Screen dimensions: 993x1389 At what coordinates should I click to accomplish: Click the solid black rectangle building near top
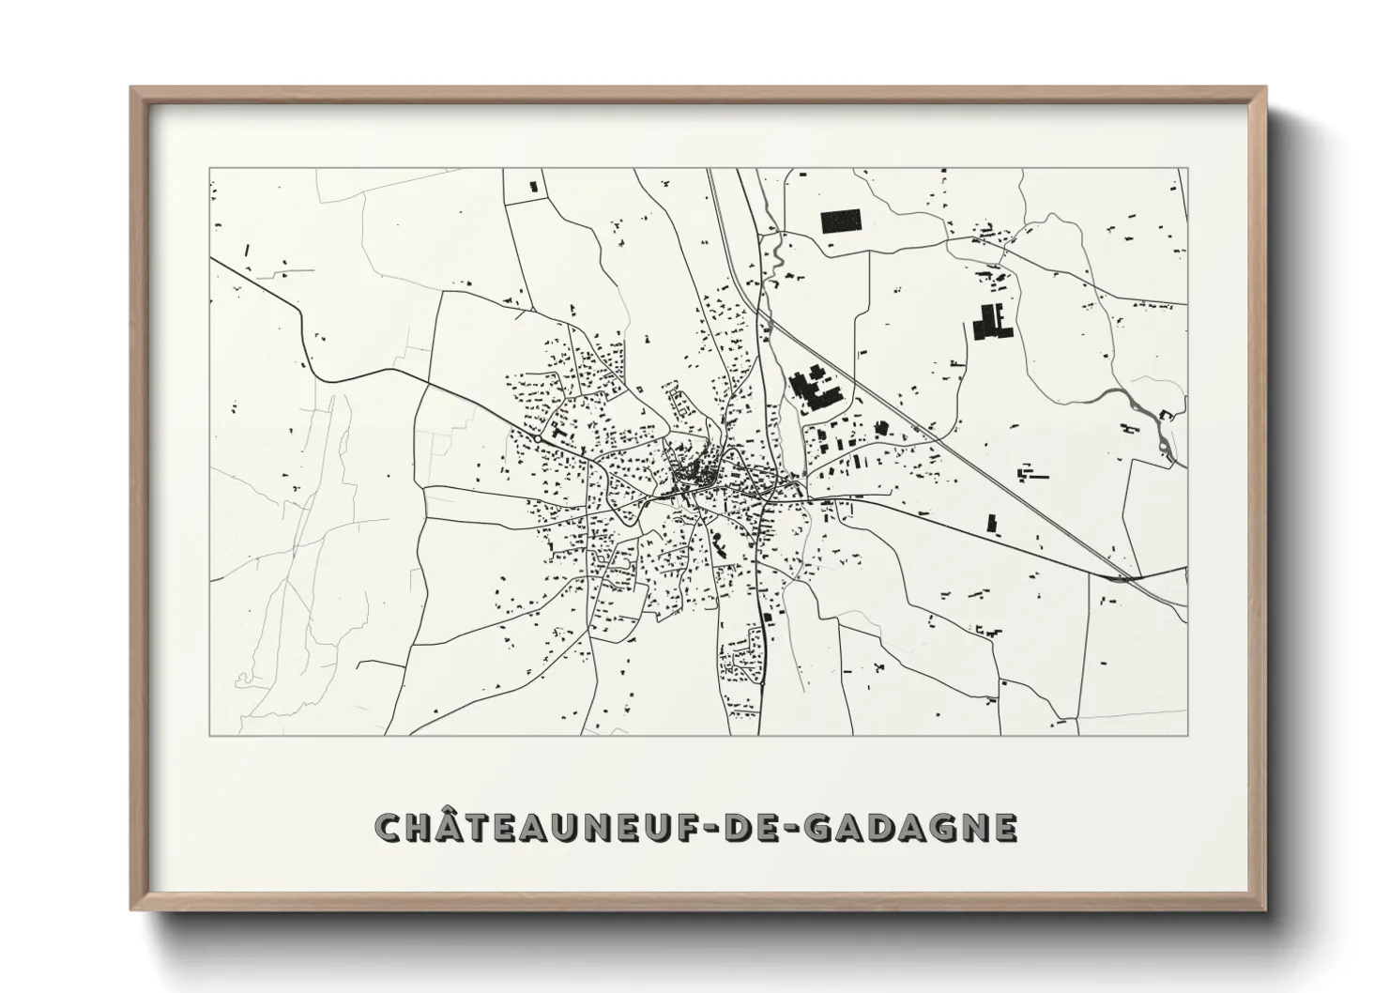[840, 222]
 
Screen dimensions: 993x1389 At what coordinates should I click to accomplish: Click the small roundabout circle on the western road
[536, 437]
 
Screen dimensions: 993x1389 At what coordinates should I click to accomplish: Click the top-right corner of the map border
[1187, 169]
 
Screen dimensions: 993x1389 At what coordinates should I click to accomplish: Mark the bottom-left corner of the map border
[209, 735]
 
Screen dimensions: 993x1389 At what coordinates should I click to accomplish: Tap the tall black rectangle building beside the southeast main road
[990, 523]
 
